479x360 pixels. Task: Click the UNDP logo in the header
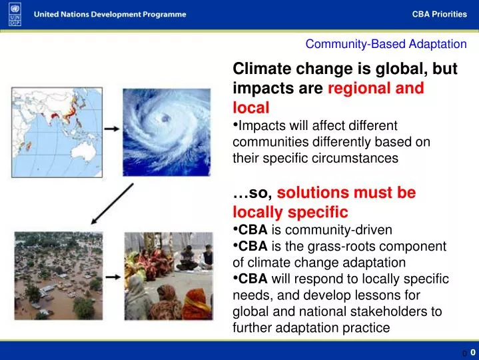[x=15, y=14]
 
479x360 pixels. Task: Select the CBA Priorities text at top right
[x=439, y=15]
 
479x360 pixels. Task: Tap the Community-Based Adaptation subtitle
[x=386, y=45]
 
